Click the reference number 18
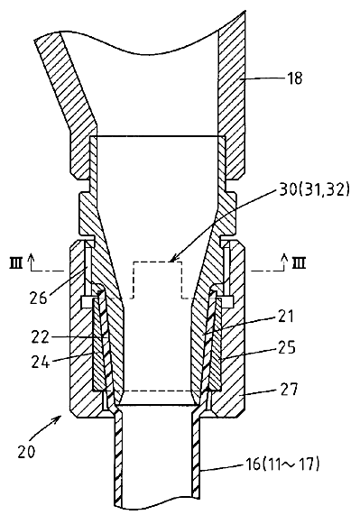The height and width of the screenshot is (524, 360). coord(294,78)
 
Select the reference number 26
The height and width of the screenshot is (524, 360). coord(38,297)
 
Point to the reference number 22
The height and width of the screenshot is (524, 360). coord(41,337)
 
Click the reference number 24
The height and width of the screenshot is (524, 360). coord(41,362)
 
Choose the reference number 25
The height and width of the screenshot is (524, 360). coord(286,348)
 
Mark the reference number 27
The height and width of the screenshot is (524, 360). coord(288,390)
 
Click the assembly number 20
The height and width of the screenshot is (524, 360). coord(26,452)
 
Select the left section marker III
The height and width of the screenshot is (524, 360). coord(15,263)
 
